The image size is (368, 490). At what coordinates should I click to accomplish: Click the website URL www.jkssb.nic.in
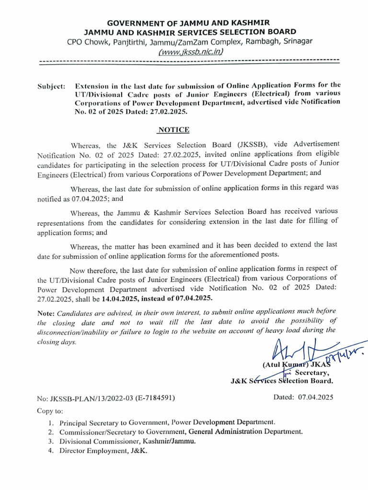point(191,51)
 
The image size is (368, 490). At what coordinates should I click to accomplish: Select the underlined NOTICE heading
point(173,130)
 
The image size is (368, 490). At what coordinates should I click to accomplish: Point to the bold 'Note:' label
point(46,313)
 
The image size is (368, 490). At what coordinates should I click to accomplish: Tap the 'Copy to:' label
point(49,411)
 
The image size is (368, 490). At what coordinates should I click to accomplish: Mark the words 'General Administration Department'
point(246,432)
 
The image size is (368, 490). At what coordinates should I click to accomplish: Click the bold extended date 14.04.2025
point(119,299)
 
